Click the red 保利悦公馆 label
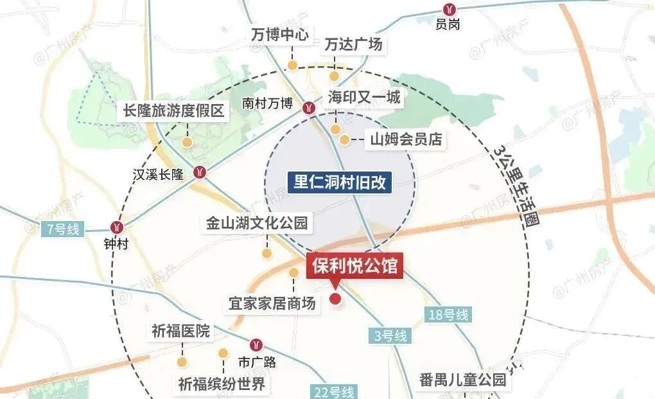355,266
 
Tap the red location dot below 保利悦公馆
335,299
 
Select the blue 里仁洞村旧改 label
340,182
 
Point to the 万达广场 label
353,44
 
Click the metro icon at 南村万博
309,108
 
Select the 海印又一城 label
363,98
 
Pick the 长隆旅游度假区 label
174,111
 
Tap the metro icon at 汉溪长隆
200,172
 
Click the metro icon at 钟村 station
117,227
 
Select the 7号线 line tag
62,229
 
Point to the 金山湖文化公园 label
257,224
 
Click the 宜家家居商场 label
273,303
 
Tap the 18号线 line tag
448,315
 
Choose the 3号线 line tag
390,335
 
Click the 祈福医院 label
181,332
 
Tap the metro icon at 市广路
258,345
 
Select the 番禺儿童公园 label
462,380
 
